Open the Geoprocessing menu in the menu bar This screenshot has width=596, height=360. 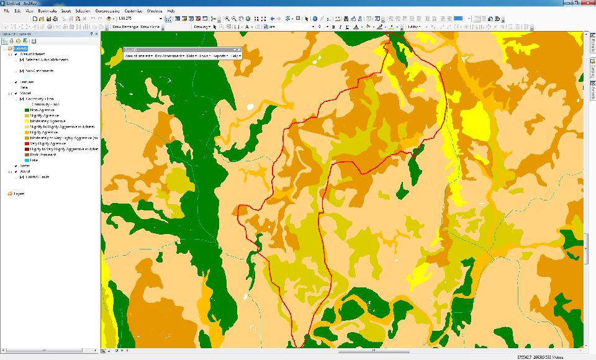(107, 11)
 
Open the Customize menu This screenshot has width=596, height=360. (133, 11)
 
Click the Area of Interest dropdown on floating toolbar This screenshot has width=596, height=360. (138, 56)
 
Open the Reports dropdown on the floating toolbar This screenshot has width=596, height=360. (220, 56)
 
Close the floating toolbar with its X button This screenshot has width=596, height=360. (238, 49)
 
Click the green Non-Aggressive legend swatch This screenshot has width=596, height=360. (27, 110)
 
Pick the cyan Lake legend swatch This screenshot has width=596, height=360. (27, 160)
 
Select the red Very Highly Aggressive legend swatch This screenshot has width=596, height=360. (27, 143)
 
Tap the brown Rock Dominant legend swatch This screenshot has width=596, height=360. (27, 155)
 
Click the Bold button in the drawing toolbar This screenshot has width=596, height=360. (333, 27)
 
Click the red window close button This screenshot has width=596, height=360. (589, 3)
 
